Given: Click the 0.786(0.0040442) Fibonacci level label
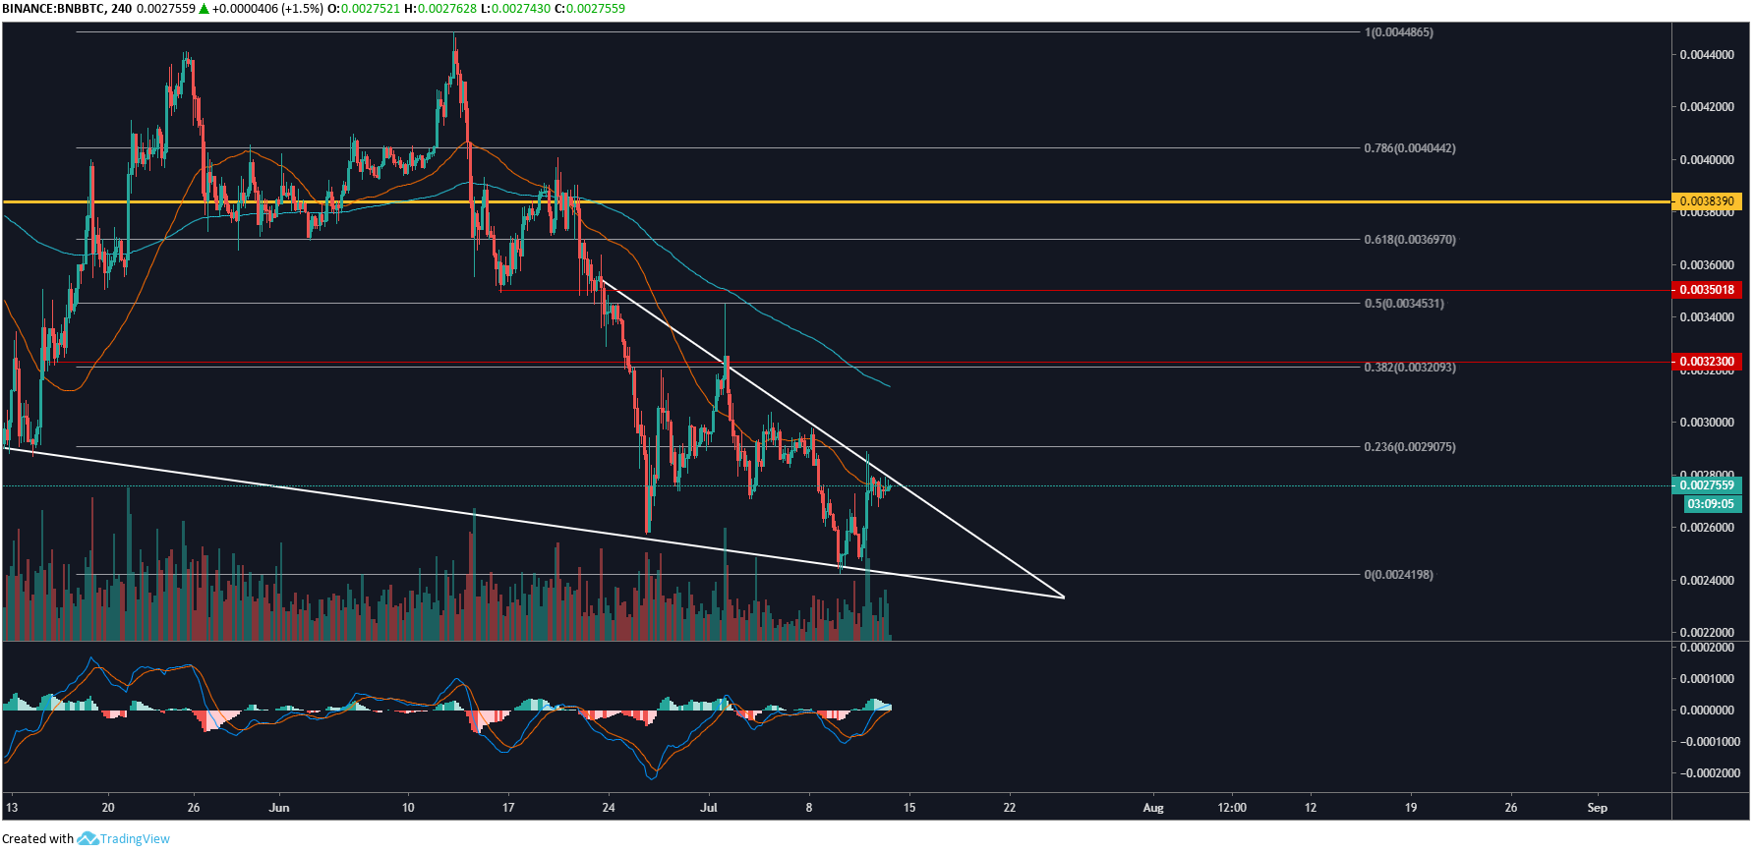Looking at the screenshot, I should point(1409,148).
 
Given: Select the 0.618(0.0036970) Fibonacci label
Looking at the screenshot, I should point(1409,240).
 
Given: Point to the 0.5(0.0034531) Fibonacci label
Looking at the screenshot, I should point(1403,304).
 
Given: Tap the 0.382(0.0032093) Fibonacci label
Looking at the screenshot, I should point(1409,368).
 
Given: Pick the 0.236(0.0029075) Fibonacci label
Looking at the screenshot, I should point(1409,447).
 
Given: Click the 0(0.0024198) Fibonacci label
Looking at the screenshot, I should point(1398,575).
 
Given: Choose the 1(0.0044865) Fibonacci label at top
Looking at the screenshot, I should point(1398,32).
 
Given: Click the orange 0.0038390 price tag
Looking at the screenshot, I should point(1706,201).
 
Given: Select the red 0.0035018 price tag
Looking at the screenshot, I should point(1706,290).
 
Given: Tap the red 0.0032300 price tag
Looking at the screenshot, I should point(1706,362).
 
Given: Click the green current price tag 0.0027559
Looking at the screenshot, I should point(1706,485).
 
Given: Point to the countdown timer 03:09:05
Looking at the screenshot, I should point(1710,504).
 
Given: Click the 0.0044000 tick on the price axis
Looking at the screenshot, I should point(1707,55).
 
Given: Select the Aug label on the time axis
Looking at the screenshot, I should point(1153,808).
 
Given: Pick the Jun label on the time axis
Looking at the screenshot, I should point(279,808).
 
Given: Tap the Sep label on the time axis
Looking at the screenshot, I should point(1597,808).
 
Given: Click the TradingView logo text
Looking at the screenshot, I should point(135,839).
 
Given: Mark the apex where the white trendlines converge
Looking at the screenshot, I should point(1064,597).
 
